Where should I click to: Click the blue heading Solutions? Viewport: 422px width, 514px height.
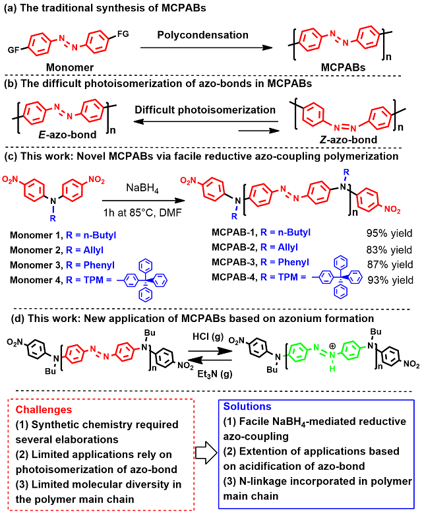tap(247, 406)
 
